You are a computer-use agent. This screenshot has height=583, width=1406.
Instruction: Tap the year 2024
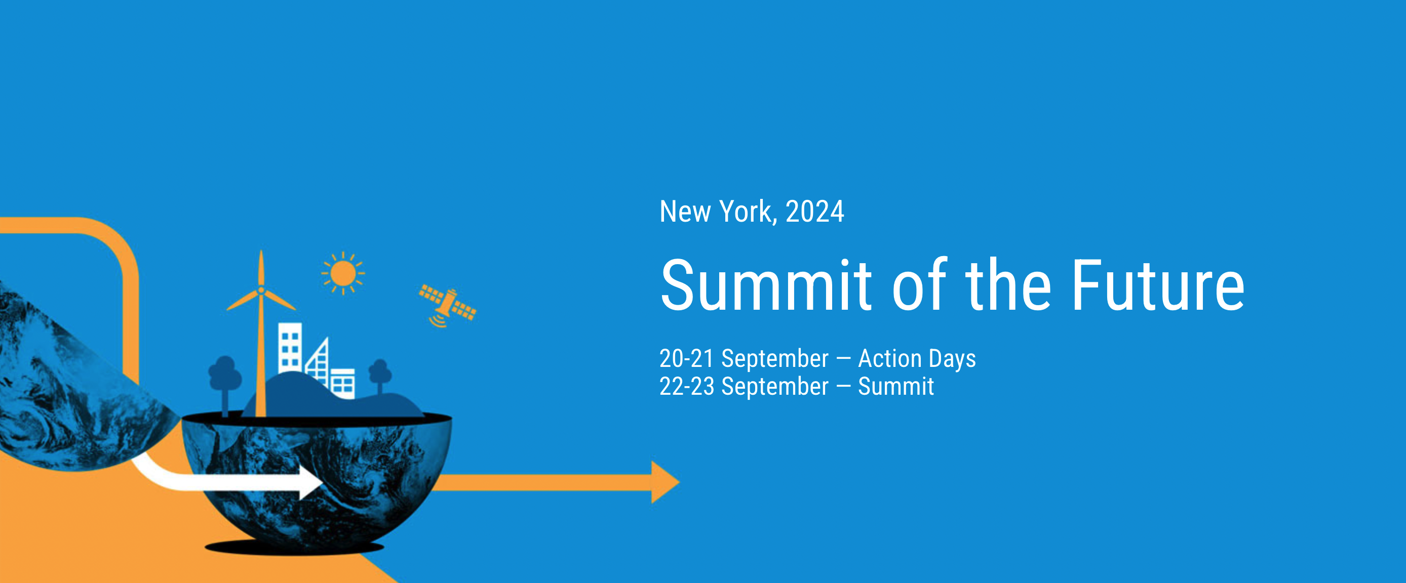point(815,212)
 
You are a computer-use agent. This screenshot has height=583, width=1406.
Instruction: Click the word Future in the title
point(1158,286)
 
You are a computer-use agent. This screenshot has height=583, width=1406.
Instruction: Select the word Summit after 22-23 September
point(896,387)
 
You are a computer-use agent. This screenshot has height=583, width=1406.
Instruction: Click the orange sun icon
point(343,273)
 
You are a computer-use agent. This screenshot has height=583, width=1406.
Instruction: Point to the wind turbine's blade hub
point(261,290)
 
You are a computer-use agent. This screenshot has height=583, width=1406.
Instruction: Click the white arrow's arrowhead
point(310,483)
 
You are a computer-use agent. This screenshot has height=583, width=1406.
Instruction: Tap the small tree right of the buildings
point(380,376)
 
